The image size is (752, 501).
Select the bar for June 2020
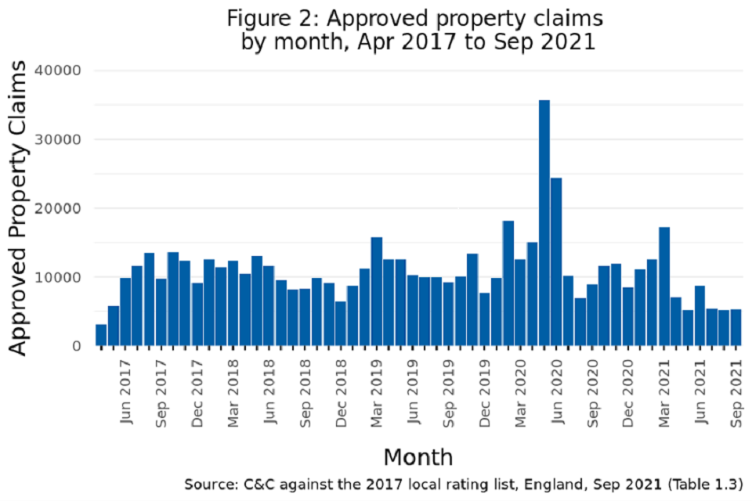(556, 262)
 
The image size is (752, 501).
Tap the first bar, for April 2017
(101, 335)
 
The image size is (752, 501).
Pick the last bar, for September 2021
(736, 328)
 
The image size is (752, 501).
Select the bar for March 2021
(664, 287)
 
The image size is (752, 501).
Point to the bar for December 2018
(341, 323)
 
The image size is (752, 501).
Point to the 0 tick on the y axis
(77, 346)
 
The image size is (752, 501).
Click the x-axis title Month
(418, 456)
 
